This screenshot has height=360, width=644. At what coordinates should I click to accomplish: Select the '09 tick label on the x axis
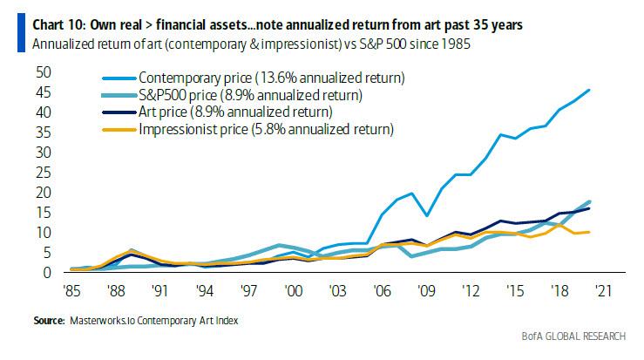[x=427, y=292]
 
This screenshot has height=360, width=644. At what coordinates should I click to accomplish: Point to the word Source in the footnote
[x=51, y=321]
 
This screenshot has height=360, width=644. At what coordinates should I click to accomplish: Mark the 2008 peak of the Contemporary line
[x=410, y=194]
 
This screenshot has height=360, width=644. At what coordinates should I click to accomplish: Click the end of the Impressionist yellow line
[x=590, y=232]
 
